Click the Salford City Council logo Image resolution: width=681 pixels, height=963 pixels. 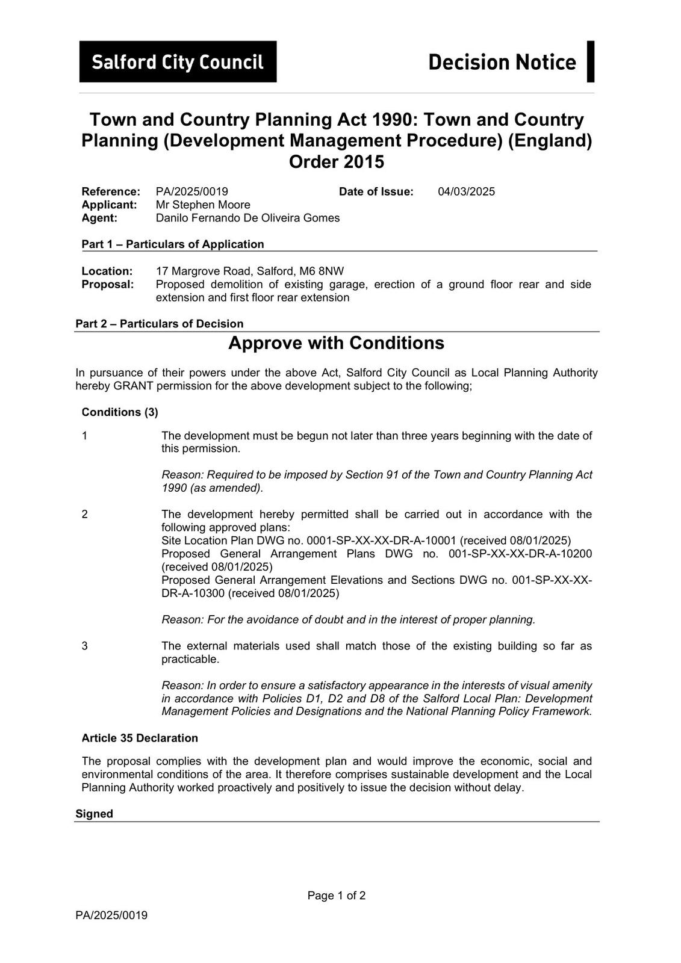pos(178,61)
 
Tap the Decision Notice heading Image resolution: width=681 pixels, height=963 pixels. pos(502,62)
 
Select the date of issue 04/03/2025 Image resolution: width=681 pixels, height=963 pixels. pos(466,191)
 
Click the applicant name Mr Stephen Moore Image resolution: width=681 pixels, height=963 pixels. pos(203,205)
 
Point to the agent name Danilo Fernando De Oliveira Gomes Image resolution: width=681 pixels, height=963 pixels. pos(247,218)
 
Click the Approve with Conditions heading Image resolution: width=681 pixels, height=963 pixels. pos(336,343)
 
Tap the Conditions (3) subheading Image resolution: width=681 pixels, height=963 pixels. pos(120,412)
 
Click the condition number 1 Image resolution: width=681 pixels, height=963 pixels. pos(85,436)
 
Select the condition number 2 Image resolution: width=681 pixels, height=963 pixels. pos(85,514)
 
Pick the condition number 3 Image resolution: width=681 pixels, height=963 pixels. pos(85,646)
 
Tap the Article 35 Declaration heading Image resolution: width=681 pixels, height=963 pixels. pos(140,738)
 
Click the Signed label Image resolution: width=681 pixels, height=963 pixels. pos(94,814)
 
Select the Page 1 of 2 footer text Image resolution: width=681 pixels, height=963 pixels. pos(337,896)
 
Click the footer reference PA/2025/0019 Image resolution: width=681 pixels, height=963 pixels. pos(111,915)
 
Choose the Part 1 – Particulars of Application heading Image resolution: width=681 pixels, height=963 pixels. pos(173,244)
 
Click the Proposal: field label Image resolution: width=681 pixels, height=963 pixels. pos(108,284)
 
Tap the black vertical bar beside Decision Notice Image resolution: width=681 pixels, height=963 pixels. pos(591,61)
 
